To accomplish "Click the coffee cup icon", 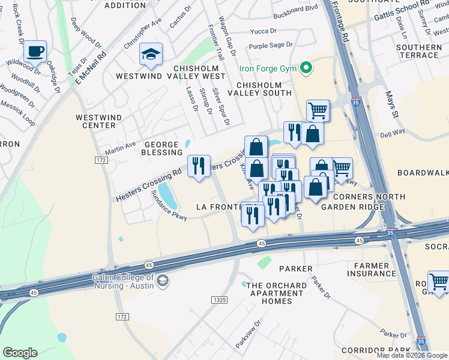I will coord(35,52).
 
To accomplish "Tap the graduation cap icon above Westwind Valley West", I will coord(151,54).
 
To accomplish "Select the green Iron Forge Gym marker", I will coord(307,68).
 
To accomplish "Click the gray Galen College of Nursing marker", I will coord(162,280).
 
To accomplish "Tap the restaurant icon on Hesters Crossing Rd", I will coord(199,166).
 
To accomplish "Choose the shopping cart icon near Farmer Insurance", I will coord(439,281).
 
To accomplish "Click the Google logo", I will coord(20,353).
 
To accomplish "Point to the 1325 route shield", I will coord(219,299).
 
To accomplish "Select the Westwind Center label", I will coord(95,121).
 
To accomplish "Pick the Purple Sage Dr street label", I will coord(270,45).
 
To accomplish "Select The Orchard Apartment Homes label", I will coord(275,293).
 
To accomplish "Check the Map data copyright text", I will coord(412,355).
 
